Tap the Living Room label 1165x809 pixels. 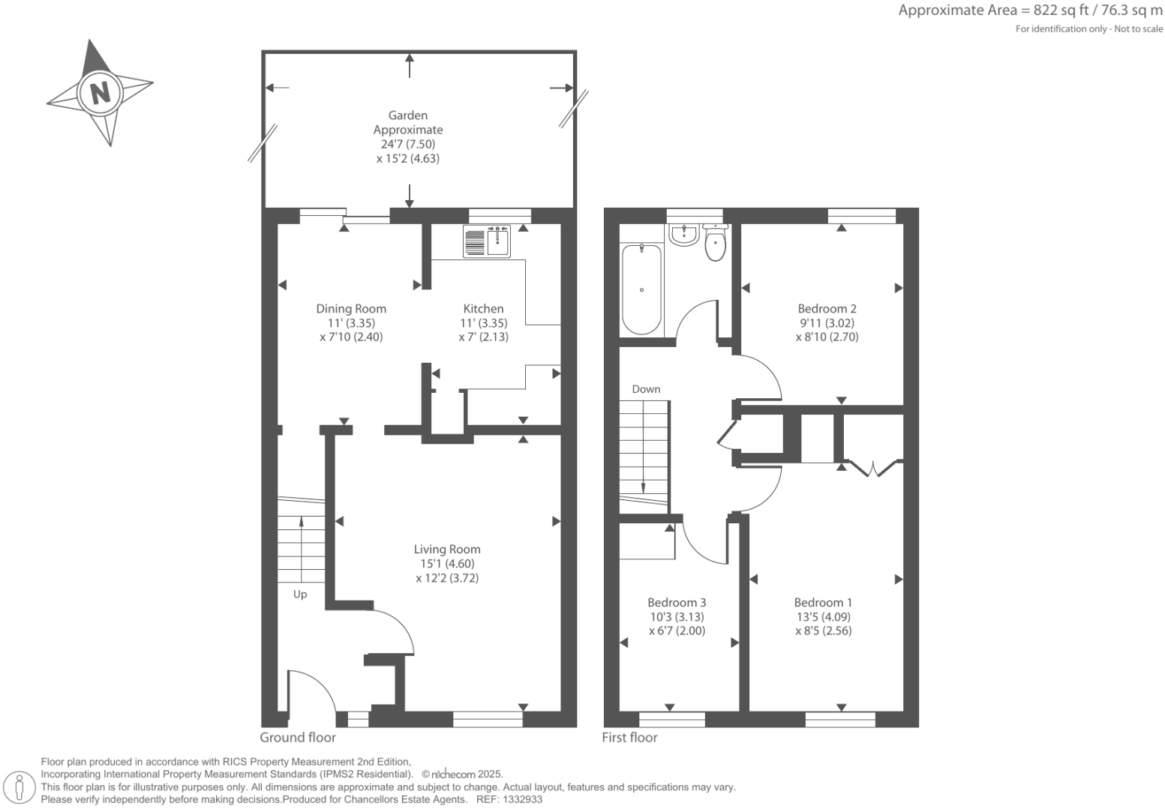(x=447, y=550)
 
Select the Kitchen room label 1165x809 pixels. (x=483, y=308)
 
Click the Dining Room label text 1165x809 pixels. (x=351, y=308)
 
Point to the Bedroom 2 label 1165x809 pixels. (x=827, y=308)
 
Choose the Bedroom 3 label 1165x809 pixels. (x=677, y=602)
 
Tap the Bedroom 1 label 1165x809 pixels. (x=823, y=602)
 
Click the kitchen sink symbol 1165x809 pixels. (x=487, y=241)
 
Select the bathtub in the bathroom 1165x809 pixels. (x=641, y=289)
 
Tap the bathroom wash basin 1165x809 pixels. (x=683, y=235)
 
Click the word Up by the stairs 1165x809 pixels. (x=300, y=595)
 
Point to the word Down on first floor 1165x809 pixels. (x=646, y=389)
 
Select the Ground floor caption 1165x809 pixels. (x=298, y=737)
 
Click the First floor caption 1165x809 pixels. (x=629, y=737)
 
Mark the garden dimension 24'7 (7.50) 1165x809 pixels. (x=408, y=144)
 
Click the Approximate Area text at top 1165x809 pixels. (x=1030, y=10)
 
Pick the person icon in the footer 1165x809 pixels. (x=20, y=787)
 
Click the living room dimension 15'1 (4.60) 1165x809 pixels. (x=447, y=564)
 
